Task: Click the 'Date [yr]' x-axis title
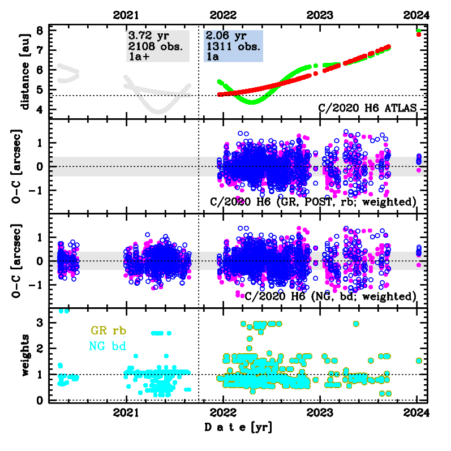click(x=238, y=427)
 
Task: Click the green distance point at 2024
click(x=418, y=31)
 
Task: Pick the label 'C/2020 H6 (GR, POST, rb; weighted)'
click(x=313, y=202)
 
